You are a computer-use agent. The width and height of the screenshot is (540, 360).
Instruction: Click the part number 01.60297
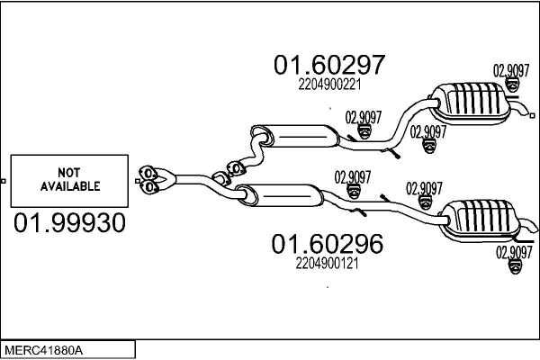[x=328, y=65]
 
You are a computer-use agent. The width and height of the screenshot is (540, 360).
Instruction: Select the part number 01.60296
[x=328, y=244]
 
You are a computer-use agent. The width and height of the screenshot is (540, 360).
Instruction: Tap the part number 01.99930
[x=69, y=222]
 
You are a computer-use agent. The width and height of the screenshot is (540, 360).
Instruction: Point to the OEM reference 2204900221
[x=329, y=85]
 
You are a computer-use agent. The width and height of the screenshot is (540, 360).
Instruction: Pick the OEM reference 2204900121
[x=327, y=264]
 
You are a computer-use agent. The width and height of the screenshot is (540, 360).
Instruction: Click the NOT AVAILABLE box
[x=69, y=181]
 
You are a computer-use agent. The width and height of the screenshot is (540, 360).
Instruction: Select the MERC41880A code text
[x=44, y=351]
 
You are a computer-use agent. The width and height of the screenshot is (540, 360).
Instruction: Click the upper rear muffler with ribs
[x=470, y=103]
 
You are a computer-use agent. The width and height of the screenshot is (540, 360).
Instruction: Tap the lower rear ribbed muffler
[x=479, y=220]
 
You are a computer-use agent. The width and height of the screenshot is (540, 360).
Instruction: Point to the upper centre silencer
[x=296, y=137]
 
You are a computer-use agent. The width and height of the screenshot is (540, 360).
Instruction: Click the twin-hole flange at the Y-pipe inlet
[x=148, y=179]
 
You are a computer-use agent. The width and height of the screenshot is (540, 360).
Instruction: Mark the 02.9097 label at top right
[x=511, y=71]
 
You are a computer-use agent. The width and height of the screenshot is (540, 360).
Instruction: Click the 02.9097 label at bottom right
[x=514, y=253]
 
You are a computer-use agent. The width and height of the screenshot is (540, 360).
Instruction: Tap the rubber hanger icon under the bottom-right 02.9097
[x=515, y=267]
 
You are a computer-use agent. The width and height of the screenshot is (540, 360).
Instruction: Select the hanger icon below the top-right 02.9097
[x=512, y=85]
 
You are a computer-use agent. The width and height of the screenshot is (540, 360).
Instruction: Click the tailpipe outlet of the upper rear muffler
[x=523, y=110]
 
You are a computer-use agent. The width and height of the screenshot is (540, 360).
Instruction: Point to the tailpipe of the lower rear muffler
[x=528, y=225]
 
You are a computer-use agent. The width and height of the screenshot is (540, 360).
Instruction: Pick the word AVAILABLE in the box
[x=70, y=186]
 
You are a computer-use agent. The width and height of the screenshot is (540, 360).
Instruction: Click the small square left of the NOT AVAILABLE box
[x=3, y=181]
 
